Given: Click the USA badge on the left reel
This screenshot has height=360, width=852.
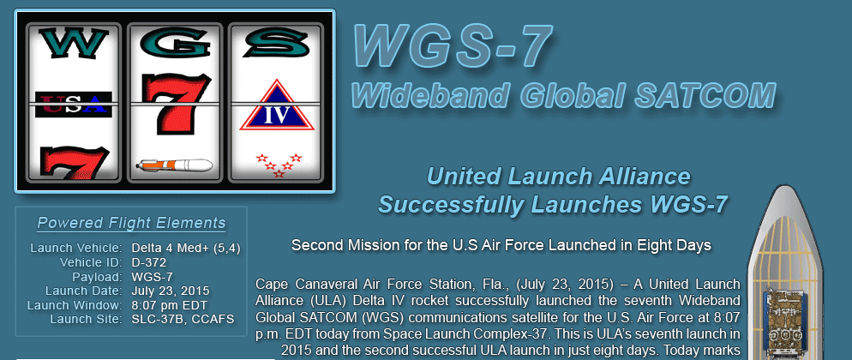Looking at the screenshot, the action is coord(74,105).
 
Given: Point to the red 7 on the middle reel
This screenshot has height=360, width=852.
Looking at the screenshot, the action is coord(176,103).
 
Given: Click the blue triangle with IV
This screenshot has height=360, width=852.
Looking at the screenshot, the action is coord(277,107).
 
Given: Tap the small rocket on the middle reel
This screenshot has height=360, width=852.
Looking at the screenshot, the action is coord(174,165).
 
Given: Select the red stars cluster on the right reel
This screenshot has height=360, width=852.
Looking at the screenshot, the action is coord(279,165).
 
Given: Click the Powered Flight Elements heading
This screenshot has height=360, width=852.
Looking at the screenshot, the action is coord(131,223).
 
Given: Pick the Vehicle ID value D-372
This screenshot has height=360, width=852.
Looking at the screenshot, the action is coord(149,263).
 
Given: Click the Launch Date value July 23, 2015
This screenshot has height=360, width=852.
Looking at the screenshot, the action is coord(170,291).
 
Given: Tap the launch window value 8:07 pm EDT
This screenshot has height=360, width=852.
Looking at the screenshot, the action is coord(169,305).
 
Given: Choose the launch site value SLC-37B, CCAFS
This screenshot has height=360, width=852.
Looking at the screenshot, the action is coord(183,319).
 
